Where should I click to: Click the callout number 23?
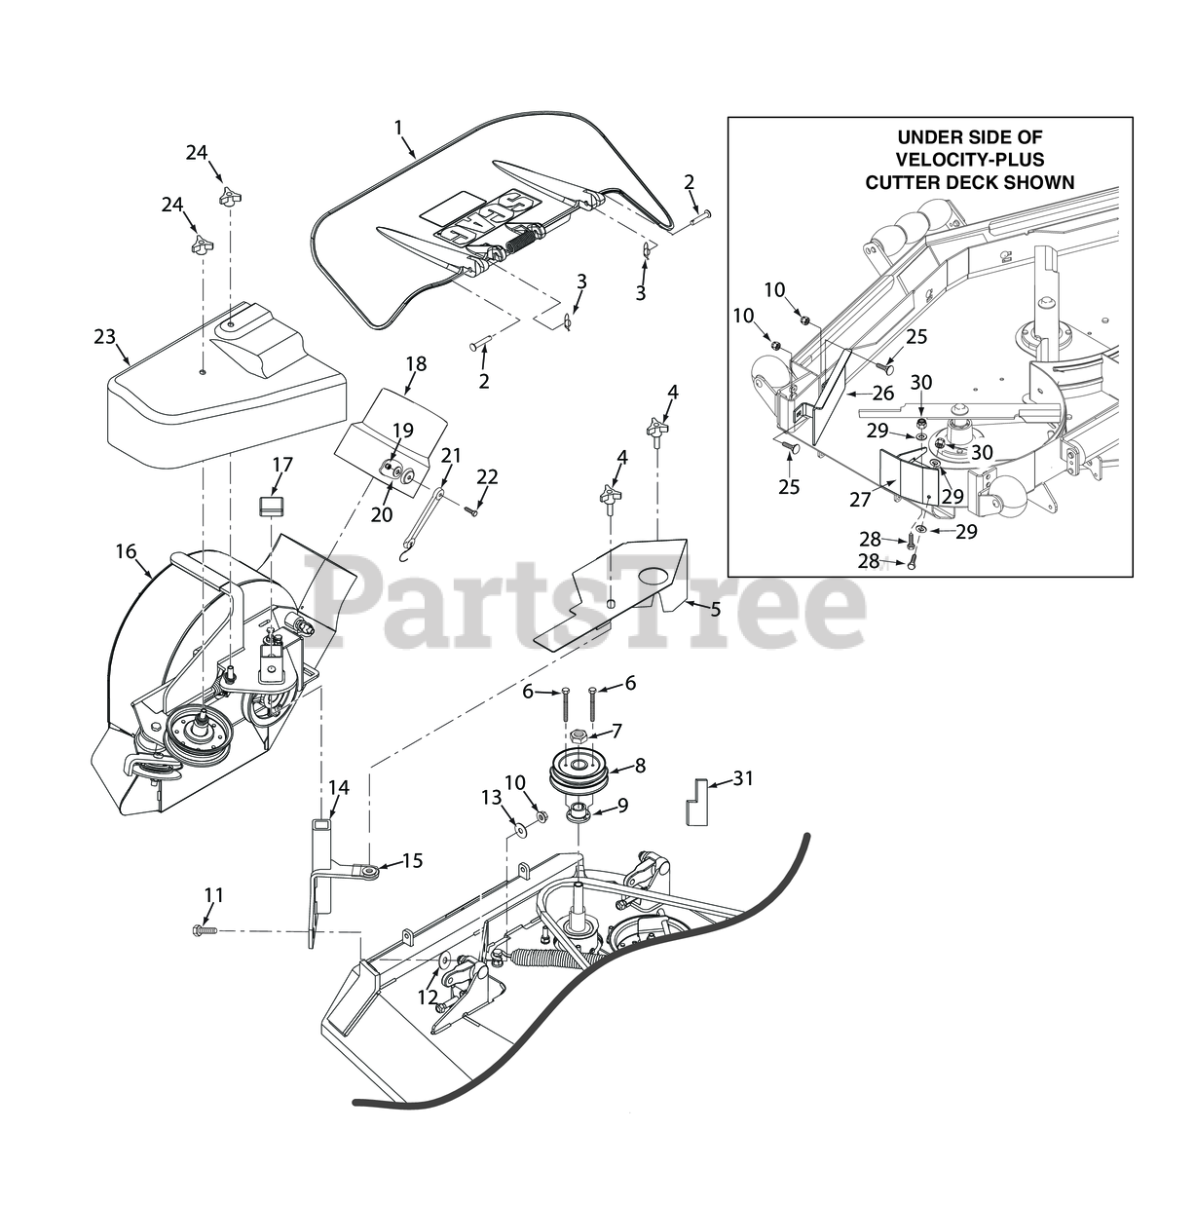pos(105,337)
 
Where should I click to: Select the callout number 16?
pos(126,550)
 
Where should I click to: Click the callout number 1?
pos(397,127)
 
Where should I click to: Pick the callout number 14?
pos(338,786)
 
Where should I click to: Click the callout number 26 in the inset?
pos(884,394)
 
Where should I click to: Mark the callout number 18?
pos(416,363)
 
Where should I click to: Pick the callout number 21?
pos(450,454)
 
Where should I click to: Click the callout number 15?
pos(413,861)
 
